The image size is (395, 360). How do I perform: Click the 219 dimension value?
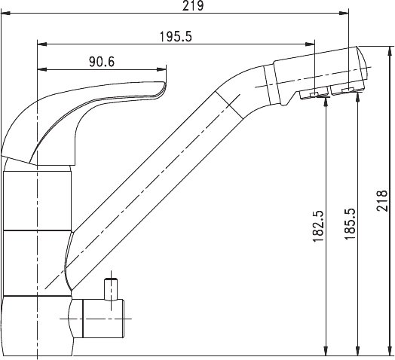coord(193,5)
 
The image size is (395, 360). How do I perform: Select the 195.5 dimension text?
coord(176,37)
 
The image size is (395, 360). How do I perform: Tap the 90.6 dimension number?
coord(102,62)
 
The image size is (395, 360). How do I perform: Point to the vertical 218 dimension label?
coord(381,200)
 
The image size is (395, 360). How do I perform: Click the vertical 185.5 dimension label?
coord(350,224)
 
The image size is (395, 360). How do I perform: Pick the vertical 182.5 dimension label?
coord(318,226)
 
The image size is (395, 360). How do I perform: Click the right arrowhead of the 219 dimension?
coord(344,14)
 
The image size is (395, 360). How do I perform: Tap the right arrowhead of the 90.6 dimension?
coord(161,69)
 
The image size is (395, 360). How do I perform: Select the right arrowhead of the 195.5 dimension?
coord(310,44)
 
